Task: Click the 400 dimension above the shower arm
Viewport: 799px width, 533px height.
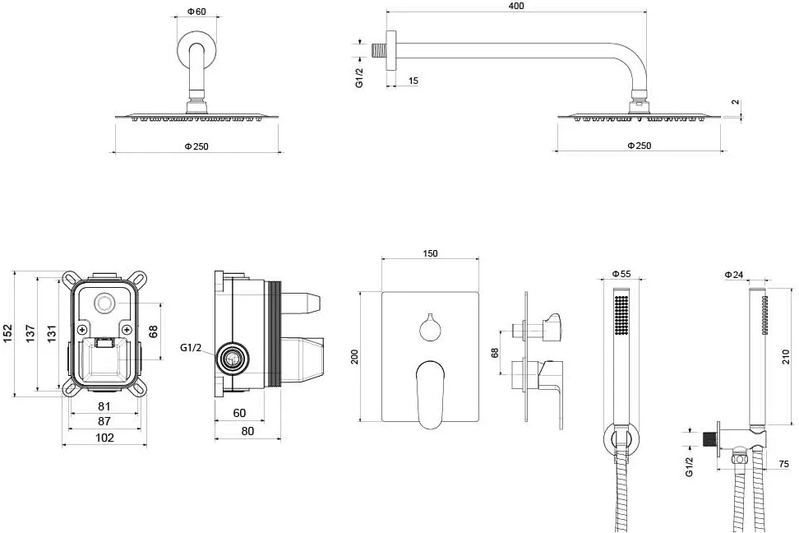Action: pyautogui.click(x=516, y=6)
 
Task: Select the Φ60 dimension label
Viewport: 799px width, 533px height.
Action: pyautogui.click(x=196, y=12)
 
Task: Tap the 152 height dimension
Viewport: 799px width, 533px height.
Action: pyautogui.click(x=7, y=334)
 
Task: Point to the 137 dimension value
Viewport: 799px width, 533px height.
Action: pyautogui.click(x=30, y=334)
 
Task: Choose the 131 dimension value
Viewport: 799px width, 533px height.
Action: pyautogui.click(x=52, y=334)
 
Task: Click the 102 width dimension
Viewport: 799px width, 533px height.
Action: pyautogui.click(x=104, y=437)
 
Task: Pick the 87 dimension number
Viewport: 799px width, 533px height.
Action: pyautogui.click(x=104, y=421)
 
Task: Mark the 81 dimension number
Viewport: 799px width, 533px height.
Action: pyautogui.click(x=104, y=406)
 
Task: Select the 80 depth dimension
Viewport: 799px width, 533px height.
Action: pyautogui.click(x=247, y=431)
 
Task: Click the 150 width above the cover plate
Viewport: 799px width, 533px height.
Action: pyautogui.click(x=430, y=253)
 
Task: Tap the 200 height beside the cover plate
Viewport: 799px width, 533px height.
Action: pyautogui.click(x=354, y=356)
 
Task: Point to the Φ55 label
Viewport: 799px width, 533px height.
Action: pyautogui.click(x=621, y=274)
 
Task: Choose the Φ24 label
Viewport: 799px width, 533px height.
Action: pyautogui.click(x=734, y=275)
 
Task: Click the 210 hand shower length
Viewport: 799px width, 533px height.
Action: pyautogui.click(x=785, y=356)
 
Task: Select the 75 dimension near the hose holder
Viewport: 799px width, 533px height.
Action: pyautogui.click(x=783, y=464)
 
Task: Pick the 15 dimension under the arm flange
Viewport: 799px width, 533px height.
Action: pyautogui.click(x=413, y=81)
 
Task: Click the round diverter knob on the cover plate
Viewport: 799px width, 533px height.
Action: pyautogui.click(x=431, y=328)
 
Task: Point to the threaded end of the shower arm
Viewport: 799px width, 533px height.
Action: pyautogui.click(x=378, y=50)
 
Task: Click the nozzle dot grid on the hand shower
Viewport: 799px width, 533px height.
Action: pyautogui.click(x=621, y=315)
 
